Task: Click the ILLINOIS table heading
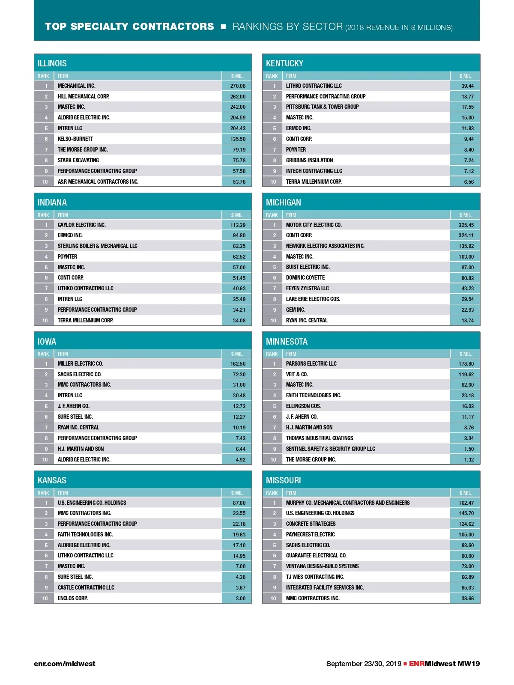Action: point(52,63)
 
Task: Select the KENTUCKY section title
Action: point(284,63)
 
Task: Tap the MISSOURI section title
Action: point(283,480)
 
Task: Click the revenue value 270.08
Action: point(238,86)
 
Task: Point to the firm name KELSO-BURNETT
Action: point(75,139)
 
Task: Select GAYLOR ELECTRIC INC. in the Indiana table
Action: point(81,225)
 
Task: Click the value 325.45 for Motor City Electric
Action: point(466,225)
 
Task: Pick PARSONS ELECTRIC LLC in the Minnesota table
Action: point(311,364)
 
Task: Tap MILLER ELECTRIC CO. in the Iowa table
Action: point(80,364)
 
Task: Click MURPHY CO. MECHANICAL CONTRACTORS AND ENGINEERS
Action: point(347,503)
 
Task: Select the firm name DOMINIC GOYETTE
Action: point(305,278)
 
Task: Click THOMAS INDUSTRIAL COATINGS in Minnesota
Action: point(320,438)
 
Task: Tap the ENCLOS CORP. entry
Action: point(72,599)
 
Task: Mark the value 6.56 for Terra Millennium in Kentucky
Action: point(469,182)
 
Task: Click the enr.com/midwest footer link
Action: point(65,664)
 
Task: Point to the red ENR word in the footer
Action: point(416,664)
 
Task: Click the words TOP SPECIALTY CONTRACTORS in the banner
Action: point(129,27)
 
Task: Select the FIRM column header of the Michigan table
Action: point(291,215)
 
